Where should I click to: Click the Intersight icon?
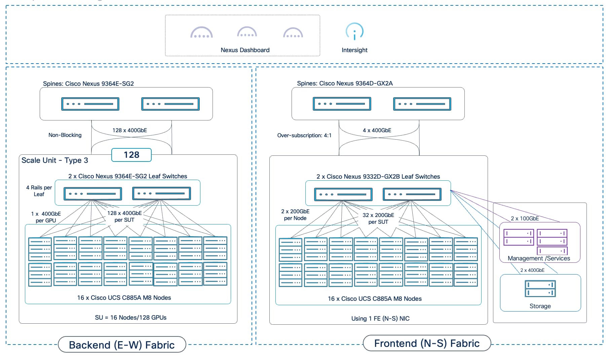(354, 31)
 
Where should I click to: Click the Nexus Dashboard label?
(245, 50)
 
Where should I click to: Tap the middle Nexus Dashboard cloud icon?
(247, 32)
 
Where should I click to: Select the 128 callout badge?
(131, 155)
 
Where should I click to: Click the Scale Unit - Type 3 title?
(55, 160)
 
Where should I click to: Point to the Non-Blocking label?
(65, 135)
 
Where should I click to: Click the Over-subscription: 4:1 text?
(304, 136)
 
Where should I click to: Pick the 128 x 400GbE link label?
(129, 131)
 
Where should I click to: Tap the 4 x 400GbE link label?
(377, 131)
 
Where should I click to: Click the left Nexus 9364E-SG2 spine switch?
(90, 104)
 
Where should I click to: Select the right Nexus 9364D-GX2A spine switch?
(422, 104)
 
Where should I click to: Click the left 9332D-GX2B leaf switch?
(343, 194)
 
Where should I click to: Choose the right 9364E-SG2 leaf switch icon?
(162, 193)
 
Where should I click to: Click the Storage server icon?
(540, 289)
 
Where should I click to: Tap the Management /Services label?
(539, 258)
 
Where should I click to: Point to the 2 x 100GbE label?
(525, 219)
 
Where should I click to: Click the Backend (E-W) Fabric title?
(122, 345)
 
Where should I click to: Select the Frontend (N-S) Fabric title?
(427, 343)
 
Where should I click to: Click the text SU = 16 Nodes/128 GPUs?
(130, 318)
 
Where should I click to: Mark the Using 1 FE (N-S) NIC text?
(380, 319)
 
